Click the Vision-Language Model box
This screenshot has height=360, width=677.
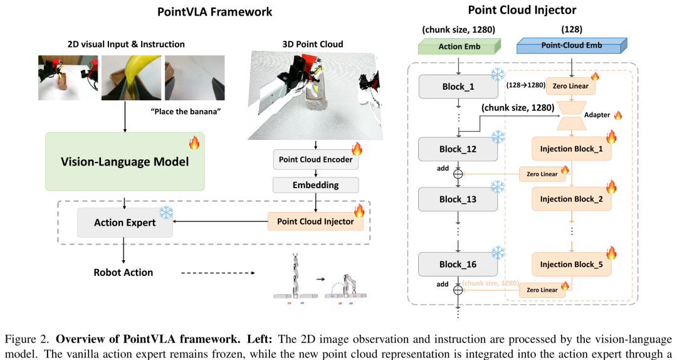125,162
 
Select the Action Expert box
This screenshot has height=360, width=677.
125,223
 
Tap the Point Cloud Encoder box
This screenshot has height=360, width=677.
315,159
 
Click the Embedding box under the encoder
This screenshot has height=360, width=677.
315,185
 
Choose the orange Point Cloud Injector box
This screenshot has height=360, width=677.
315,221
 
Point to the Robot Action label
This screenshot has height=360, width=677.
123,272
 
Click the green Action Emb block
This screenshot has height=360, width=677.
459,46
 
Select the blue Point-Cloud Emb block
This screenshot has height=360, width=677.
572,45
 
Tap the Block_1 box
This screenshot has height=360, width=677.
458,87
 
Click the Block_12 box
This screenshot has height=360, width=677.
458,149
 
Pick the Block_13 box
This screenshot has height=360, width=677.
458,199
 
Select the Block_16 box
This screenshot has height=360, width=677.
458,265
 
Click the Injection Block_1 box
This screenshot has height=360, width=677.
572,149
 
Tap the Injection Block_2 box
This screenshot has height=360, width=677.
572,199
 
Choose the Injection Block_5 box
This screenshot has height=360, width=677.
572,265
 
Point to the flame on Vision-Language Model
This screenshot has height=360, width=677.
194,142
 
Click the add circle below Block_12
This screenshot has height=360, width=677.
458,174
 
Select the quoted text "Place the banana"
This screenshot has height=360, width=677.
186,112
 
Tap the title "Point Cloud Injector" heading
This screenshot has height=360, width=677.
522,10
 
